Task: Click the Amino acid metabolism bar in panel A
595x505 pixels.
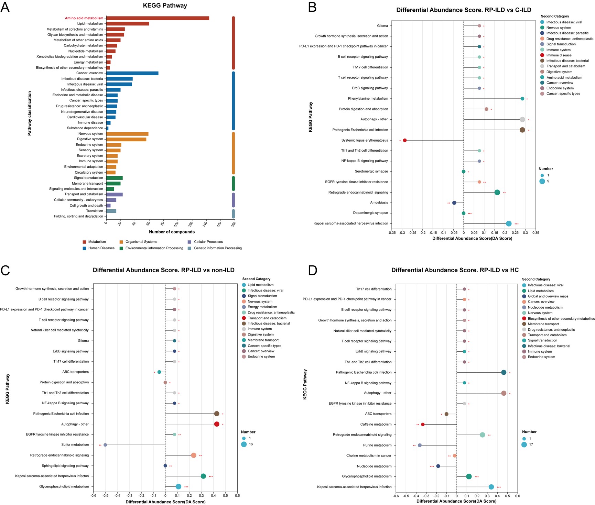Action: [x=158, y=18]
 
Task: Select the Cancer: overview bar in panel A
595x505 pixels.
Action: [x=132, y=73]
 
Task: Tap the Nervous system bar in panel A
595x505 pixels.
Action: [x=127, y=134]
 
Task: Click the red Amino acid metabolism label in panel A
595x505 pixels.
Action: [x=84, y=18]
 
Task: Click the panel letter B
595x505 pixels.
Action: [x=312, y=7]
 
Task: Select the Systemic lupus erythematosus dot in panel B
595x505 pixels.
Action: [x=405, y=140]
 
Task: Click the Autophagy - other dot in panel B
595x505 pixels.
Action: [x=522, y=120]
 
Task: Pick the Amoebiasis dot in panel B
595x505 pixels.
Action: [x=454, y=203]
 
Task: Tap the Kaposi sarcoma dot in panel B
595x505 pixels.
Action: [x=509, y=224]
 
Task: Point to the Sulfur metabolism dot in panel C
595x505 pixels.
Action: [x=105, y=445]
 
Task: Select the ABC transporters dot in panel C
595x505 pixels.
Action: [x=159, y=372]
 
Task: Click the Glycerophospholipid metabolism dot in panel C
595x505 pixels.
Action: [x=178, y=486]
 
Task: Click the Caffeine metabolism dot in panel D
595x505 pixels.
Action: [x=423, y=425]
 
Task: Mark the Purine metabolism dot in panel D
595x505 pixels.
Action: [x=420, y=445]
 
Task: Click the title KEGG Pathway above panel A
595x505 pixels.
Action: [x=165, y=6]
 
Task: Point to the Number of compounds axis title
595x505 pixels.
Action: [x=172, y=232]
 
